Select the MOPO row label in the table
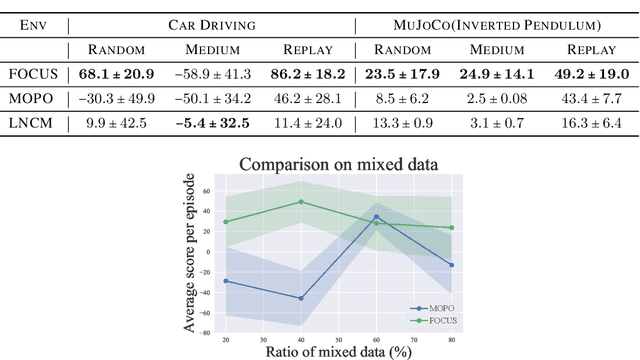tap(31, 99)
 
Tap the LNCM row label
tap(31, 124)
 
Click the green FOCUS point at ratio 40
tap(301, 202)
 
